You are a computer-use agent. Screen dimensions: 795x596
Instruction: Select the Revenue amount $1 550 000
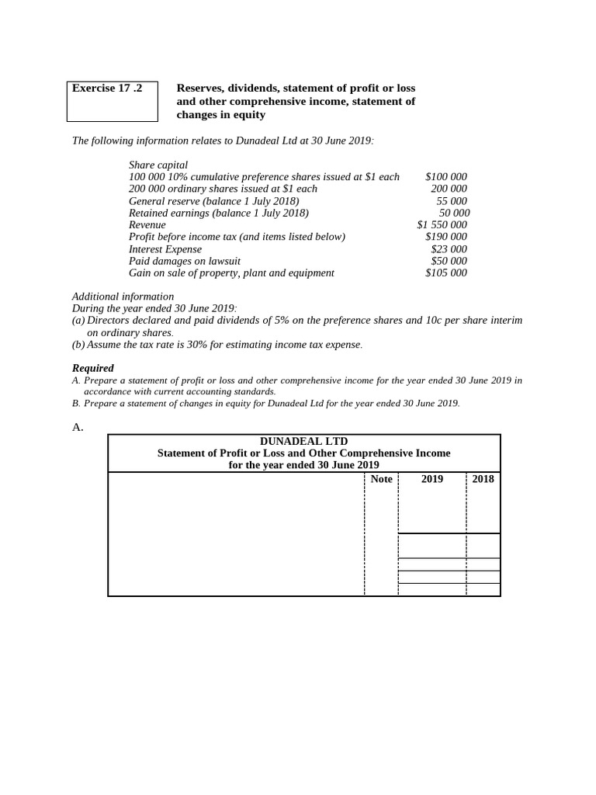(x=442, y=225)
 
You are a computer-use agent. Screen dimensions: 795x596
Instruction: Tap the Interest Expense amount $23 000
(x=449, y=249)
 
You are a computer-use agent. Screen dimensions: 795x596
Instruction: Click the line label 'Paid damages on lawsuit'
(x=184, y=261)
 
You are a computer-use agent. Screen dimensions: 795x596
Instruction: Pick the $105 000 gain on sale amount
(x=445, y=273)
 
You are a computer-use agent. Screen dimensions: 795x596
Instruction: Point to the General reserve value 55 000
(x=452, y=201)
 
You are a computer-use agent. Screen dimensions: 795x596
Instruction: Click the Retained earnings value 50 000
(x=454, y=213)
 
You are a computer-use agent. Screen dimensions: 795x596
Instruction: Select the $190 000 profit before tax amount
(x=445, y=237)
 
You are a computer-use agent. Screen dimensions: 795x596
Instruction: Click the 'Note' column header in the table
(x=381, y=479)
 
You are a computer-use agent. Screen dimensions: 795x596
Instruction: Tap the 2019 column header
(x=432, y=479)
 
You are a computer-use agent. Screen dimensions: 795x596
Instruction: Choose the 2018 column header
(x=483, y=479)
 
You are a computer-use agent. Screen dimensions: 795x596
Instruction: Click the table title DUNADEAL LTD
(x=303, y=441)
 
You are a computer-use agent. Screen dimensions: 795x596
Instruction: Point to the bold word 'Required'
(x=93, y=368)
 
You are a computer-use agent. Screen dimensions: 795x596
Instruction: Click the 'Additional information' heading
(x=123, y=297)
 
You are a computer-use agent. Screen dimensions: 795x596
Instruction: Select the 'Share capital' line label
(x=158, y=165)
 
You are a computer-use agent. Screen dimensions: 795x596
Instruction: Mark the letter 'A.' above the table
(x=78, y=426)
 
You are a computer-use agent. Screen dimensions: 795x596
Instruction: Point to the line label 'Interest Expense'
(x=165, y=249)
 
